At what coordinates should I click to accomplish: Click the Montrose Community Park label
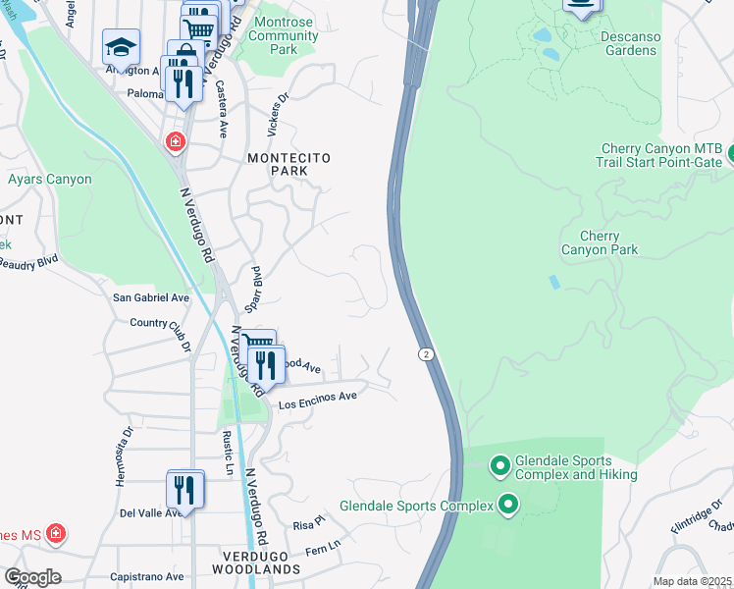[285, 35]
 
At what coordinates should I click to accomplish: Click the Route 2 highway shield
[426, 353]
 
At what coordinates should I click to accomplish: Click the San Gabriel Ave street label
[151, 297]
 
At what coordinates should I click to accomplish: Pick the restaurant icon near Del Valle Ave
[184, 490]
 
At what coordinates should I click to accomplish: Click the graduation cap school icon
[121, 47]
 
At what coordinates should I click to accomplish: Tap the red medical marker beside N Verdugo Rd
[176, 142]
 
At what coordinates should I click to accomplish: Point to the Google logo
[32, 577]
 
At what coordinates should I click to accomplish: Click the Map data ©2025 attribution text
[692, 581]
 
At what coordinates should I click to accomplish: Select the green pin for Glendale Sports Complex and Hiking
[499, 465]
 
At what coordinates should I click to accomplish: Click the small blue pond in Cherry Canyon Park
[554, 282]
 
